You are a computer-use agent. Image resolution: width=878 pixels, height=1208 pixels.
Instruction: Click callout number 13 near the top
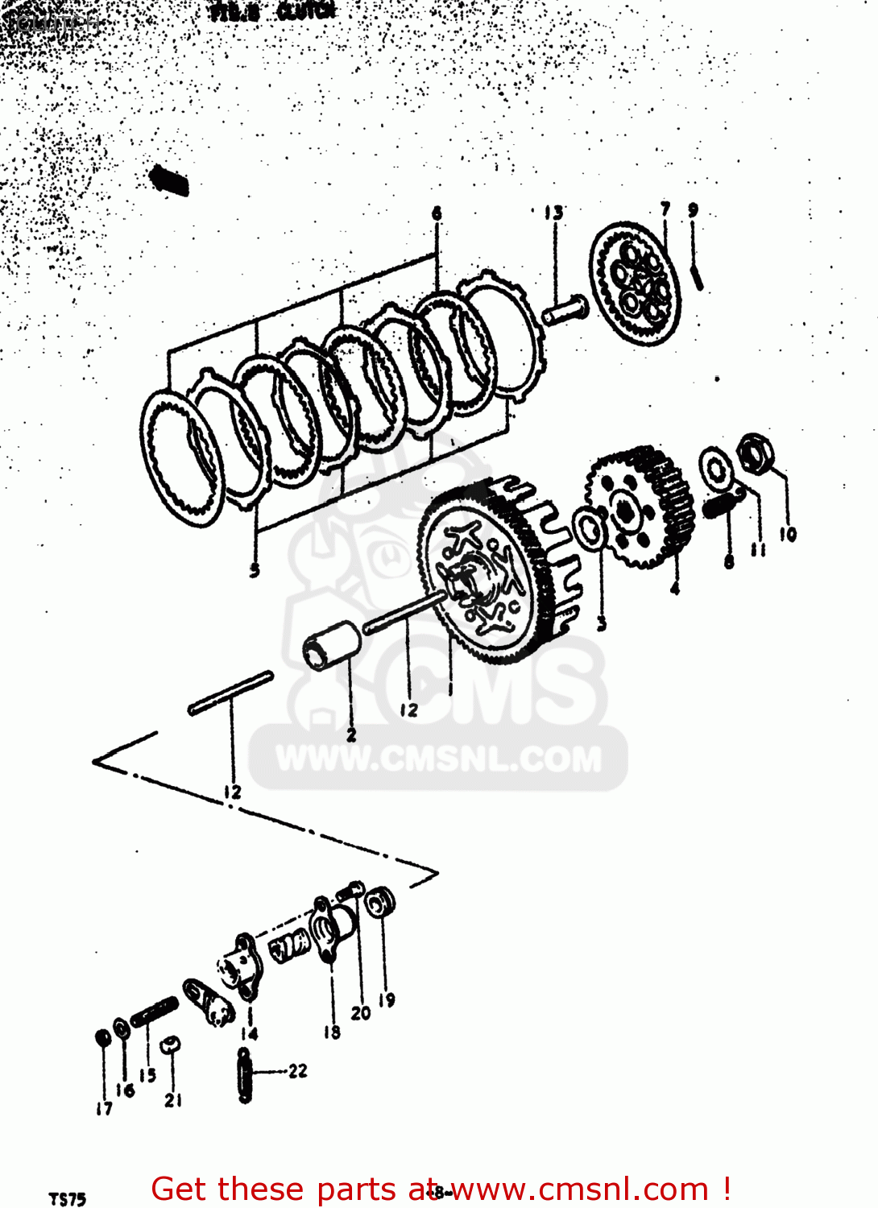pos(554,213)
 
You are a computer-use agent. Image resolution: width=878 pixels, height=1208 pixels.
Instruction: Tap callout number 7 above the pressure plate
pos(665,209)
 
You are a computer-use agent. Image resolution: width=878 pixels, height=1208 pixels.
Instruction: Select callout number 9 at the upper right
pos(693,209)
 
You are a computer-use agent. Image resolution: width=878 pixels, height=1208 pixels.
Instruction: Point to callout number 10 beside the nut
pos(788,533)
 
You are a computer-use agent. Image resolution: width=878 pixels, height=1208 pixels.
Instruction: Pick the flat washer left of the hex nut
pos(715,468)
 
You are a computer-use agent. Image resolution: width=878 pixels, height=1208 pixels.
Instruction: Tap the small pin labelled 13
pos(565,311)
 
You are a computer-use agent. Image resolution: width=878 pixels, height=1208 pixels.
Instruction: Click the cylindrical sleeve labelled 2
pos(333,643)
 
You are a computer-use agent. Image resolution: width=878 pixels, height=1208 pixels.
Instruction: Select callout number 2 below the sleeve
pos(351,734)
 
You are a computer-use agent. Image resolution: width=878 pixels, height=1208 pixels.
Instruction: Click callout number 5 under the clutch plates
pos(255,570)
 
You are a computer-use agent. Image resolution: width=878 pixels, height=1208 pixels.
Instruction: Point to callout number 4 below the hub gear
pos(675,588)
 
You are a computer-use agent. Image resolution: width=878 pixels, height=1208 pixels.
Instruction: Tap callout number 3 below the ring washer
pos(602,623)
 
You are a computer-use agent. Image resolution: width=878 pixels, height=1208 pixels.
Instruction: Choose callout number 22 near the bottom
pos(298,1070)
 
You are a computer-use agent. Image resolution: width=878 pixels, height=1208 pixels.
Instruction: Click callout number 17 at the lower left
pos(104,1108)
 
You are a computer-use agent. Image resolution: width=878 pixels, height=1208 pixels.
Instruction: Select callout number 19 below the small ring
pos(387,999)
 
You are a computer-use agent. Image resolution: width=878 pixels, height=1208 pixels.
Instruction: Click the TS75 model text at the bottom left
pos(68,1199)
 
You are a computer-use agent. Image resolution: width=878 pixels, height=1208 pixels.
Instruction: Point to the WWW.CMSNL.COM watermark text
pos(439,759)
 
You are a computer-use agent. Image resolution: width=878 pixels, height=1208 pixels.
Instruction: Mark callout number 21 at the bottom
pos(173,1099)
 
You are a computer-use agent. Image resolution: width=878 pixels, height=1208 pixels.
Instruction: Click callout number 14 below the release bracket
pos(249,1033)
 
